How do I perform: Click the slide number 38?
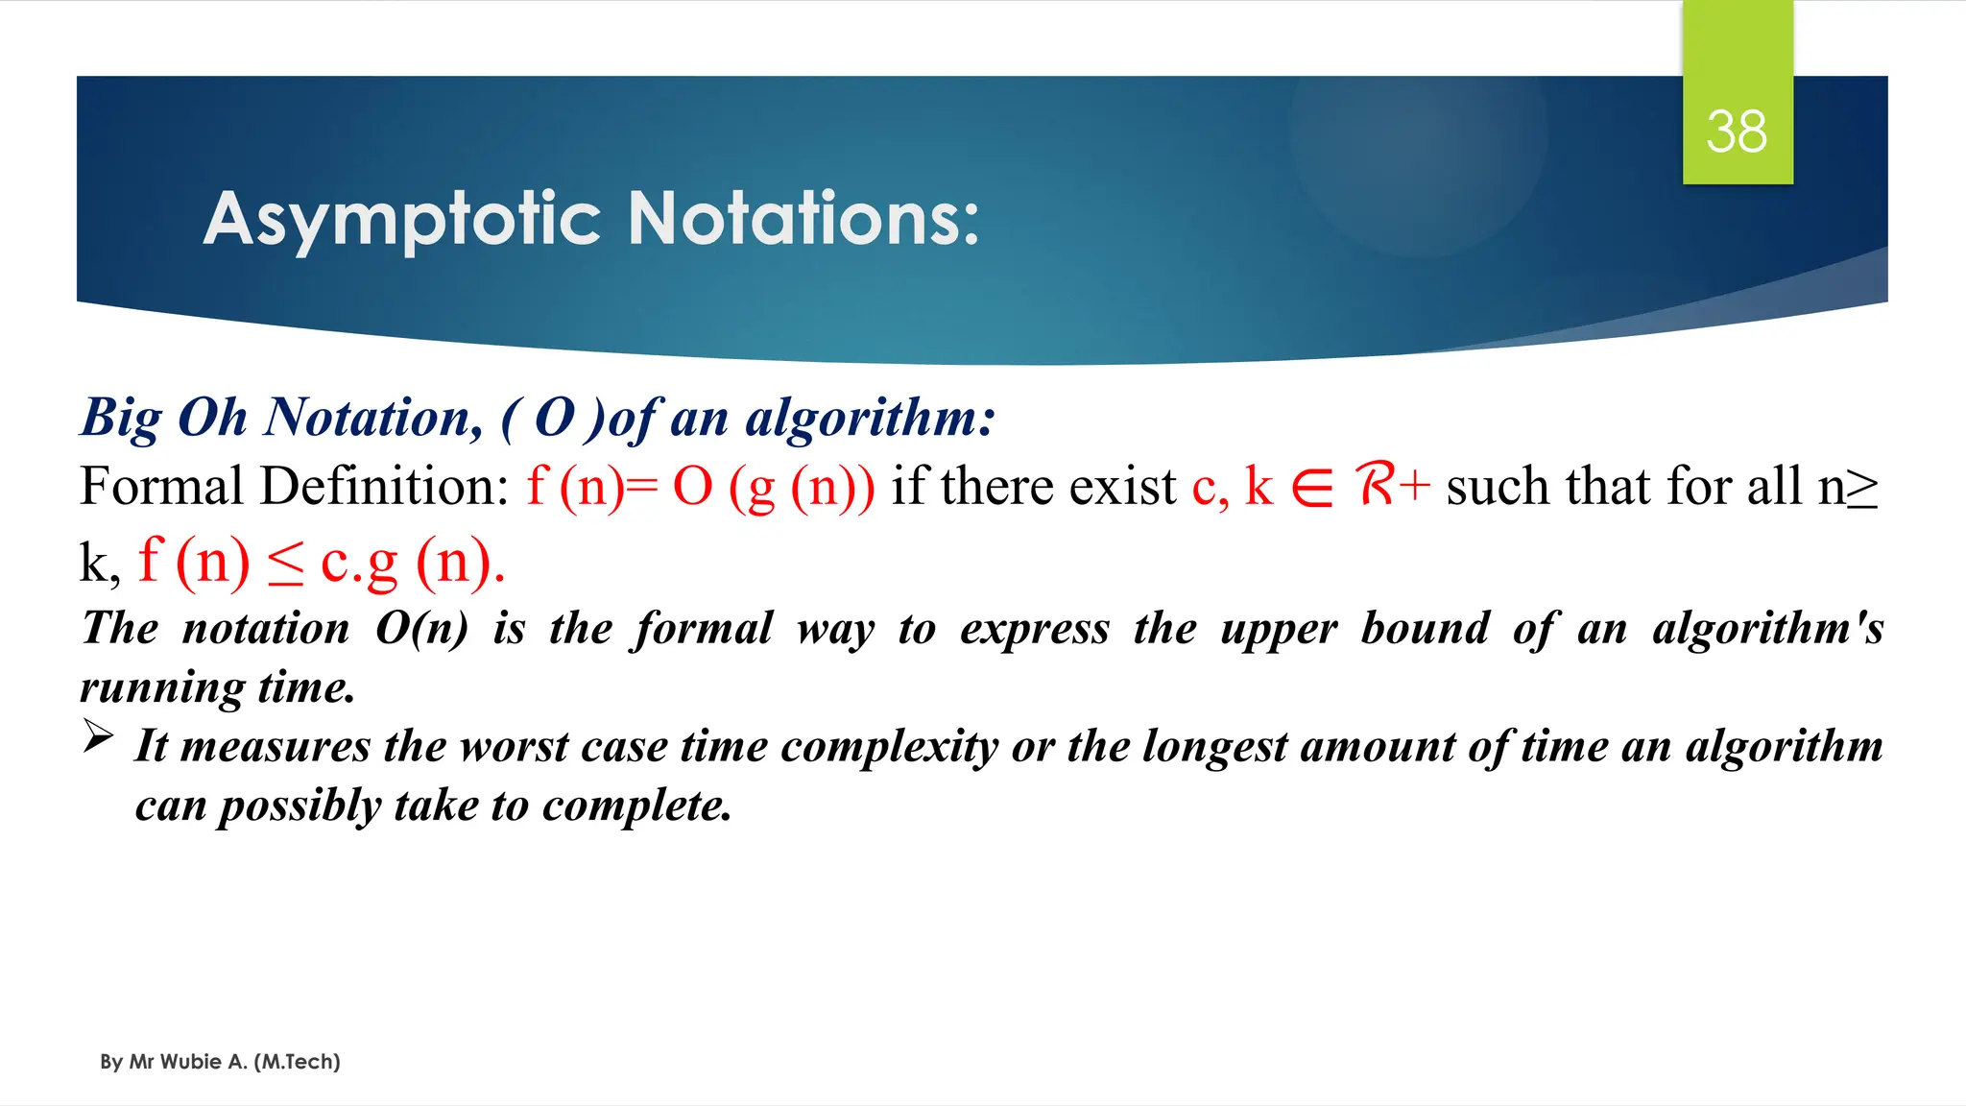(1737, 132)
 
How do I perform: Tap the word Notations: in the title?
(803, 218)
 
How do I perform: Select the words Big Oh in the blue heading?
(164, 418)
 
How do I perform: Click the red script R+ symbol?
(1392, 484)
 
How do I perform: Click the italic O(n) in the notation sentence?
(421, 629)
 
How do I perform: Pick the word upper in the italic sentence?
(1278, 630)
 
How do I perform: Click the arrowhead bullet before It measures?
(98, 737)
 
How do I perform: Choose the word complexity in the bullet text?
(889, 747)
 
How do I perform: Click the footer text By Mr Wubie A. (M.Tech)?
(220, 1062)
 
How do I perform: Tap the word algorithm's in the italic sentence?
(1767, 630)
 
